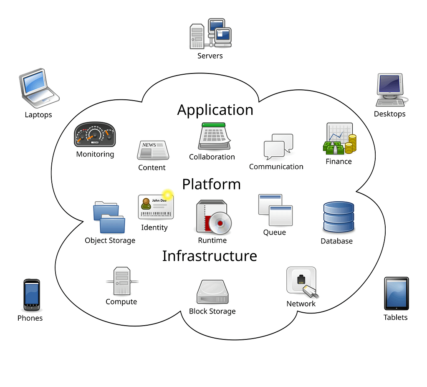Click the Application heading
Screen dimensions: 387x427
[x=215, y=110]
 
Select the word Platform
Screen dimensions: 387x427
[x=211, y=184]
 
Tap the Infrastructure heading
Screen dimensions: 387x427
[x=210, y=255]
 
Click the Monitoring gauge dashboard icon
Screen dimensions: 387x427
[x=95, y=134]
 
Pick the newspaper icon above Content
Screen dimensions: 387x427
[x=153, y=150]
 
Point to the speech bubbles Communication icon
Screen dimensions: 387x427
[x=278, y=147]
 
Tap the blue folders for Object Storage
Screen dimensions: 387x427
[x=109, y=217]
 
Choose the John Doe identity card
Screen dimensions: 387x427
[x=156, y=207]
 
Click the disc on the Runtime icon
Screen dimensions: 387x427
[x=221, y=223]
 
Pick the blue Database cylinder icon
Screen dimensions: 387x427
[x=339, y=217]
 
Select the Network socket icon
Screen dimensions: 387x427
[x=301, y=282]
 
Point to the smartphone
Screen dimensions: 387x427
[x=32, y=294]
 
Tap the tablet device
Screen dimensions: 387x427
[x=396, y=293]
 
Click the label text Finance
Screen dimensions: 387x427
[x=339, y=161]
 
